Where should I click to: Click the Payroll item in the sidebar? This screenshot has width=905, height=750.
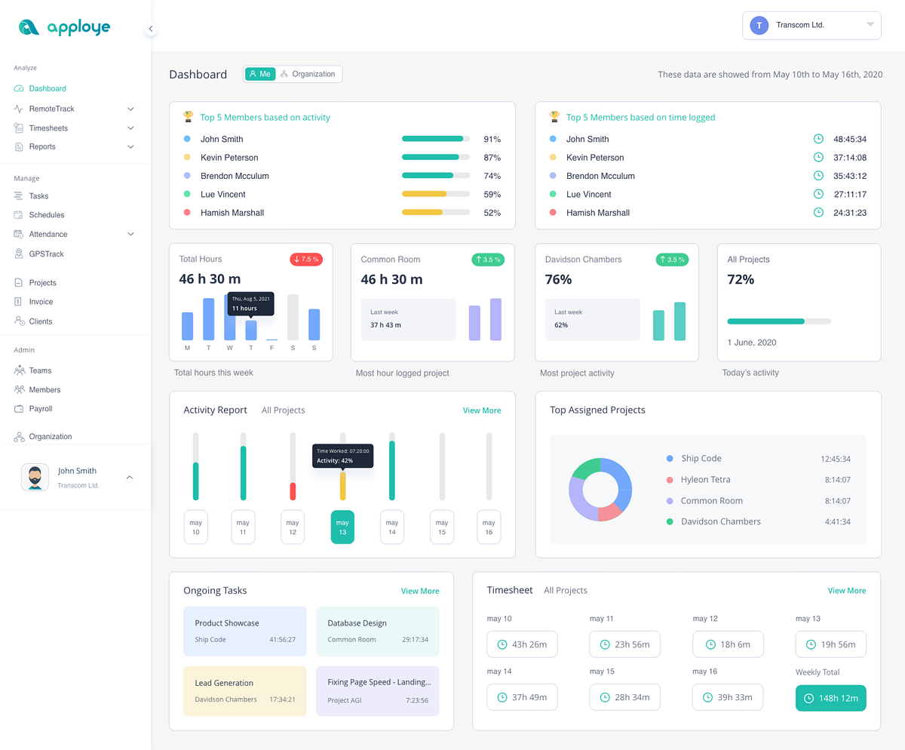[x=41, y=409]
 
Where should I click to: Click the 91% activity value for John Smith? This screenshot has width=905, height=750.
[x=492, y=139]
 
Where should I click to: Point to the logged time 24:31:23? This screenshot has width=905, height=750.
[x=849, y=213]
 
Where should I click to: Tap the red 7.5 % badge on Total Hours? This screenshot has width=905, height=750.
[x=306, y=260]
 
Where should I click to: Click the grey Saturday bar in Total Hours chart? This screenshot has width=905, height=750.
[x=293, y=317]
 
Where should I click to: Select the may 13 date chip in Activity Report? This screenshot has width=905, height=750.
[x=342, y=527]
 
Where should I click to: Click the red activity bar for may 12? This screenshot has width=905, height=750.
[x=293, y=491]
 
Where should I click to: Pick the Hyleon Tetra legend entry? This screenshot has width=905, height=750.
[x=705, y=479]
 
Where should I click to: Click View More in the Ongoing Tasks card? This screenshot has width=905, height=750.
[x=420, y=591]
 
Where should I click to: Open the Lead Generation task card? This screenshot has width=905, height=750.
[x=245, y=690]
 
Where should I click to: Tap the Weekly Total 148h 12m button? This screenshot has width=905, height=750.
[x=830, y=698]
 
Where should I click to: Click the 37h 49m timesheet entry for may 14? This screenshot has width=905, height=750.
[x=522, y=697]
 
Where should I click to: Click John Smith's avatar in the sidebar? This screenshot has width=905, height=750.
[x=35, y=477]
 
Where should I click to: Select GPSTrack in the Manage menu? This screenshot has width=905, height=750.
[x=46, y=254]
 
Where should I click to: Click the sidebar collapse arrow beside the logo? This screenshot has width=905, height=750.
[x=151, y=29]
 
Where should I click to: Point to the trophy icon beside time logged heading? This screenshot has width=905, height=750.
[x=554, y=117]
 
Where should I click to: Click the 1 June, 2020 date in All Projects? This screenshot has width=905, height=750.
[x=751, y=343]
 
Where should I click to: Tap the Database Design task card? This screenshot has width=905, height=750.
[x=377, y=630]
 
